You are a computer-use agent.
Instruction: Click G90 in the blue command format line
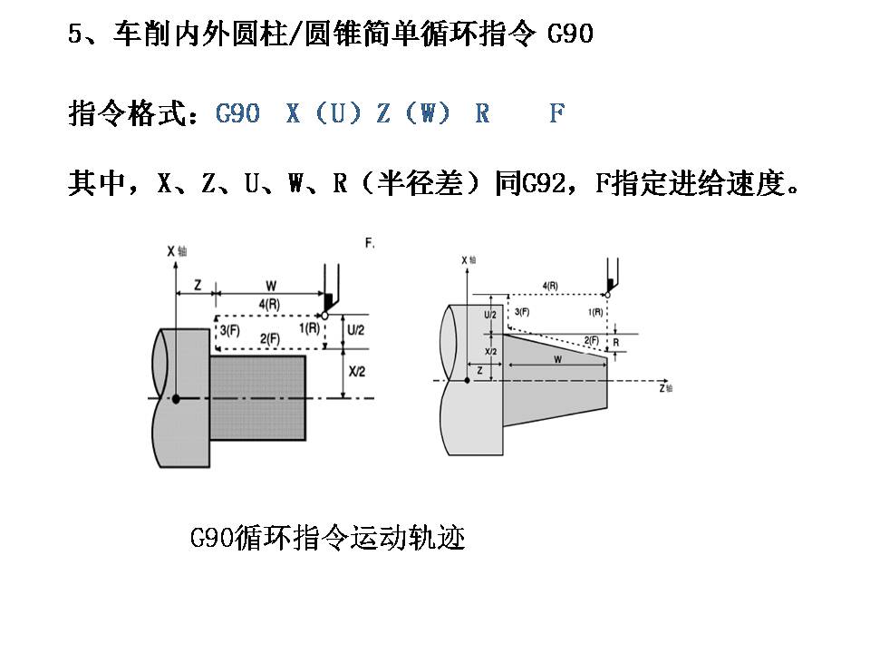238,114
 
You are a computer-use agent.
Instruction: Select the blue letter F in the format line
556,114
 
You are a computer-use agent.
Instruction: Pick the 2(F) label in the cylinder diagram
268,338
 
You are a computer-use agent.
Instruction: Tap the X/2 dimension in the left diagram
355,372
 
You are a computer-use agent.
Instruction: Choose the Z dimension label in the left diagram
198,284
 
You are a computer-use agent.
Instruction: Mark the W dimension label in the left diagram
270,285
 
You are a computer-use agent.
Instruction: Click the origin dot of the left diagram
176,398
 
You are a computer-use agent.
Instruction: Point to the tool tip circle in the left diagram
324,316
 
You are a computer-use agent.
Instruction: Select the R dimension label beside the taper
616,343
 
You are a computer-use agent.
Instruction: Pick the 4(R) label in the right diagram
550,286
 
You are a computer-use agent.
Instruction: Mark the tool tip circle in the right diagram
607,294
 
